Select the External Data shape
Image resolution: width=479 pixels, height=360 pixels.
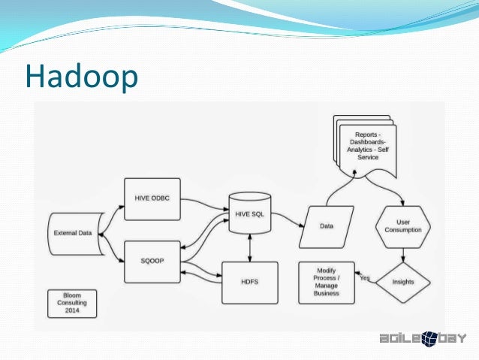[73, 233]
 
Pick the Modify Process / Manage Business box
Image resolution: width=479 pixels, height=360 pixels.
[327, 283]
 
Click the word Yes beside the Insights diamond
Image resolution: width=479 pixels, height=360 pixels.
[366, 277]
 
